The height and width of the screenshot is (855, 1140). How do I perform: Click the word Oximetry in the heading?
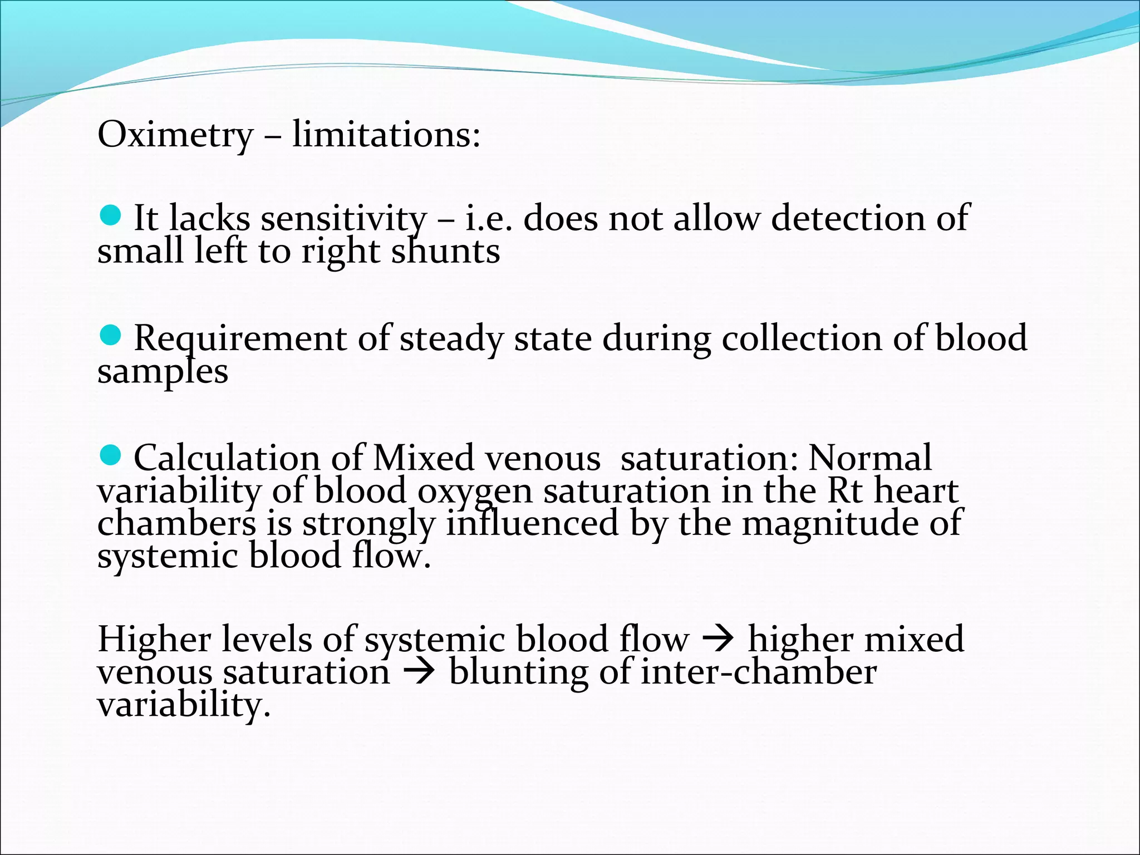click(x=175, y=135)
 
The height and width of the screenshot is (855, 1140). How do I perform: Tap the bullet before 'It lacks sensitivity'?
click(x=111, y=215)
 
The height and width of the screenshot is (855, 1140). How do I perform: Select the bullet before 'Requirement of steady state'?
click(x=111, y=336)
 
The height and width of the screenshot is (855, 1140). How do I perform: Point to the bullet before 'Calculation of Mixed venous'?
click(x=111, y=455)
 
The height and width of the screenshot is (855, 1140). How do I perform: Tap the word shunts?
click(x=445, y=251)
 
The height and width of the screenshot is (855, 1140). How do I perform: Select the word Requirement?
click(x=240, y=338)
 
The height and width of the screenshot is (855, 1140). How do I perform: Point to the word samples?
click(x=163, y=372)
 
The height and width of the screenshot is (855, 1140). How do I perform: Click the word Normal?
click(x=869, y=458)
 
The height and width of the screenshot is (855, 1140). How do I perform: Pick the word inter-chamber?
click(x=759, y=672)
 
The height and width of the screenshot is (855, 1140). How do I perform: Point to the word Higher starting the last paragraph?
click(x=154, y=639)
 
